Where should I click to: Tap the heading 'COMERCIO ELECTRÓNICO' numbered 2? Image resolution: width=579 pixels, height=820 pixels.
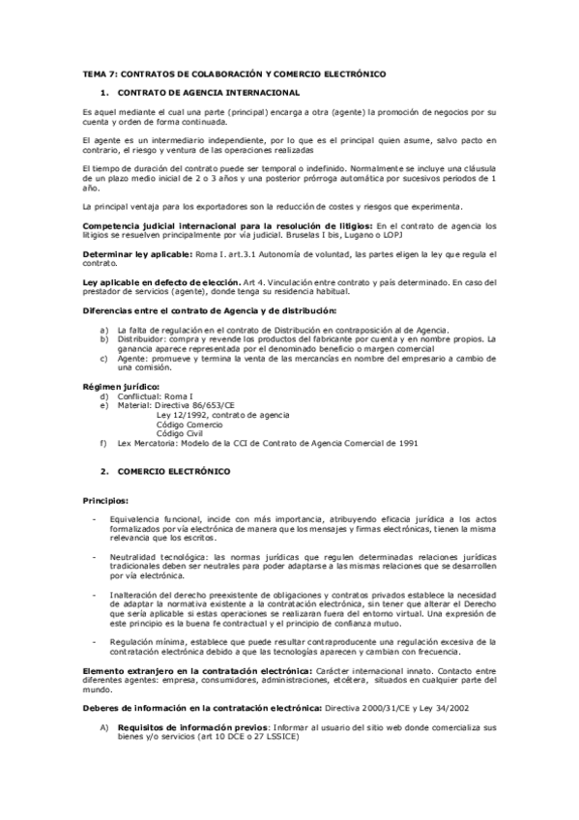tap(174, 471)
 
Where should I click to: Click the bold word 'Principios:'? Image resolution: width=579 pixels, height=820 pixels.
tap(105, 501)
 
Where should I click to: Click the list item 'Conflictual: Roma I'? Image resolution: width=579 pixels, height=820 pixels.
tap(146, 396)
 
